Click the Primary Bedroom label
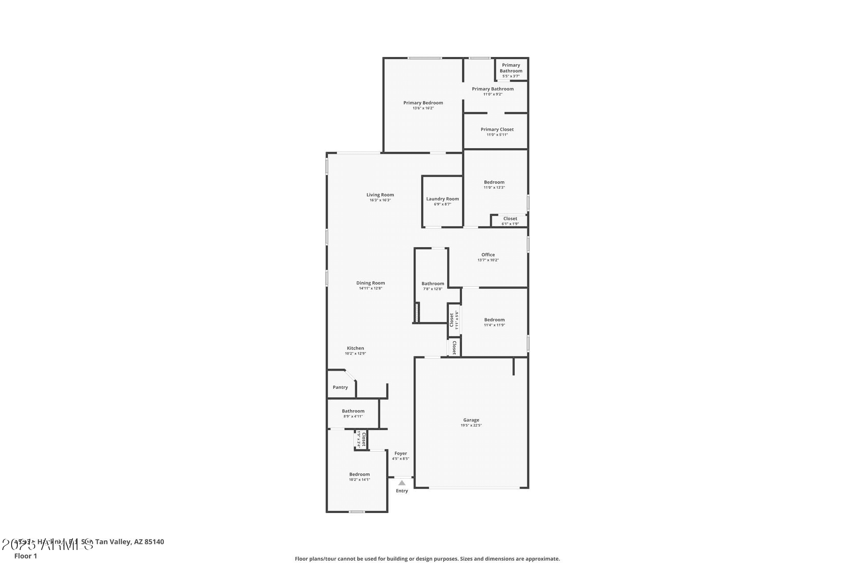click(x=423, y=103)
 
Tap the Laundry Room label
click(x=442, y=199)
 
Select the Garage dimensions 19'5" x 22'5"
click(x=471, y=425)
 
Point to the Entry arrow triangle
click(x=402, y=483)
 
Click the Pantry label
click(x=340, y=387)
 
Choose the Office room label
click(x=488, y=255)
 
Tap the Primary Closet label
click(x=497, y=130)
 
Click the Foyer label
click(x=400, y=453)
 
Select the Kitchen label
click(x=355, y=348)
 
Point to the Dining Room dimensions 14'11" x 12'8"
click(x=370, y=289)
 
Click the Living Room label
click(x=380, y=195)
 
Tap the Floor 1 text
click(x=25, y=556)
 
